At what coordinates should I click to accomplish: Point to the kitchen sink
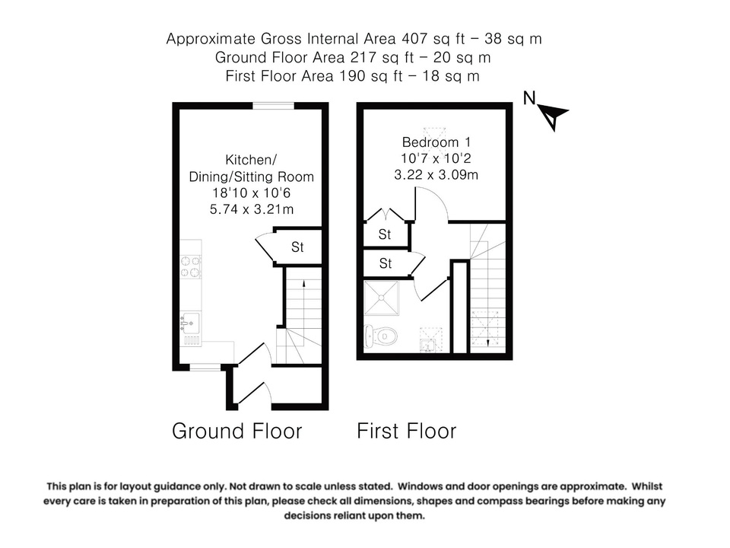point(189,323)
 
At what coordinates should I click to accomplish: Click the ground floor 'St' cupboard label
point(297,247)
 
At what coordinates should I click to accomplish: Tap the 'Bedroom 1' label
point(431,142)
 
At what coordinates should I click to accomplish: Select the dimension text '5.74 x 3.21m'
point(251,209)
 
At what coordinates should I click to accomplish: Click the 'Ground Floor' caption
point(237,432)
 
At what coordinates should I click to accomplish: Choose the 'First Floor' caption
point(407,432)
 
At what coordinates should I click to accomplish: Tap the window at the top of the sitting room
point(274,106)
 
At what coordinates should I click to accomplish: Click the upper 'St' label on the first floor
point(385,235)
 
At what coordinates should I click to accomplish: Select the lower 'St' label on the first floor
point(385,263)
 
